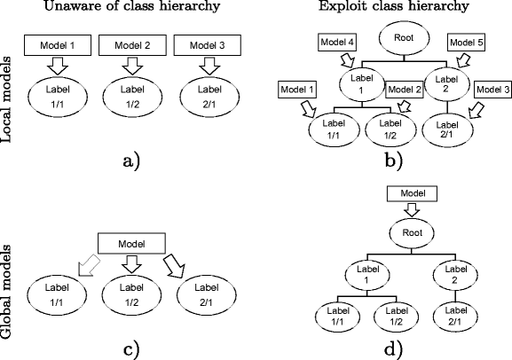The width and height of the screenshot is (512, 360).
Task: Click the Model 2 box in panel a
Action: coord(130,44)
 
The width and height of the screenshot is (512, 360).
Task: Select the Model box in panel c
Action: coord(131,242)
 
